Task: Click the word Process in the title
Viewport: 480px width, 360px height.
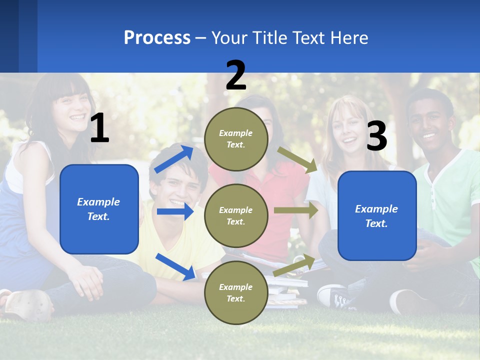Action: coord(157,38)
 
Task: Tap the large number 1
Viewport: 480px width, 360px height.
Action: coord(99,128)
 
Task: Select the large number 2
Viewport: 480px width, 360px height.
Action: coord(236,75)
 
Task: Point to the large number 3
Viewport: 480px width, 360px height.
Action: coord(376,136)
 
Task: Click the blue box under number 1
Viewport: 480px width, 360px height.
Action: coord(99,209)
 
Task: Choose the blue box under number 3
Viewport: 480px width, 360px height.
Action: coord(377,215)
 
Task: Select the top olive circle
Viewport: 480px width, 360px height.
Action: coord(236,139)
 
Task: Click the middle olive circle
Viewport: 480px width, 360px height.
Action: coord(236,215)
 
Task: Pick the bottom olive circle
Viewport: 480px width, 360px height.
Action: coord(236,292)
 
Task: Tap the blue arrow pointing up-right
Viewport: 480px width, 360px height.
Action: coord(174,159)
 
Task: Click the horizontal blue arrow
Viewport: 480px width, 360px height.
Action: coord(175,211)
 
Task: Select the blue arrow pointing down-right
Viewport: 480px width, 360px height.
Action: coord(175,266)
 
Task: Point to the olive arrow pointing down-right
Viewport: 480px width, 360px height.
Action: coord(298,160)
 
